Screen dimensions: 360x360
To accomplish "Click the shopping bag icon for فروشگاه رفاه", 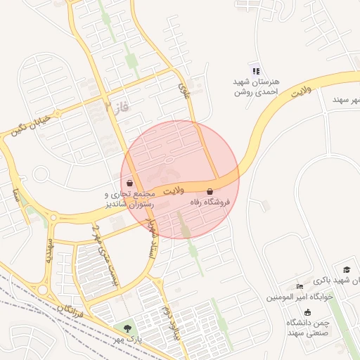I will [210, 191].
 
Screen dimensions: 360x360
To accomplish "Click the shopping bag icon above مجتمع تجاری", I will [131, 184].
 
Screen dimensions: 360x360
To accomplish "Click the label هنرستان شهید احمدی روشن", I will [256, 86].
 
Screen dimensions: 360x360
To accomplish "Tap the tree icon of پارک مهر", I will [127, 328].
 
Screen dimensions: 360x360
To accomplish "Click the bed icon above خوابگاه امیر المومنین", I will [300, 286].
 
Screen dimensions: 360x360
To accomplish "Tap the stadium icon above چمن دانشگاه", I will [308, 311].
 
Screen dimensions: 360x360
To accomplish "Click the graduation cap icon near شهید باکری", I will [346, 269].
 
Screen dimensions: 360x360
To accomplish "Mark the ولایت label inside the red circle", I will [173, 191].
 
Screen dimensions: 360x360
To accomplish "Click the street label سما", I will [15, 193].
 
